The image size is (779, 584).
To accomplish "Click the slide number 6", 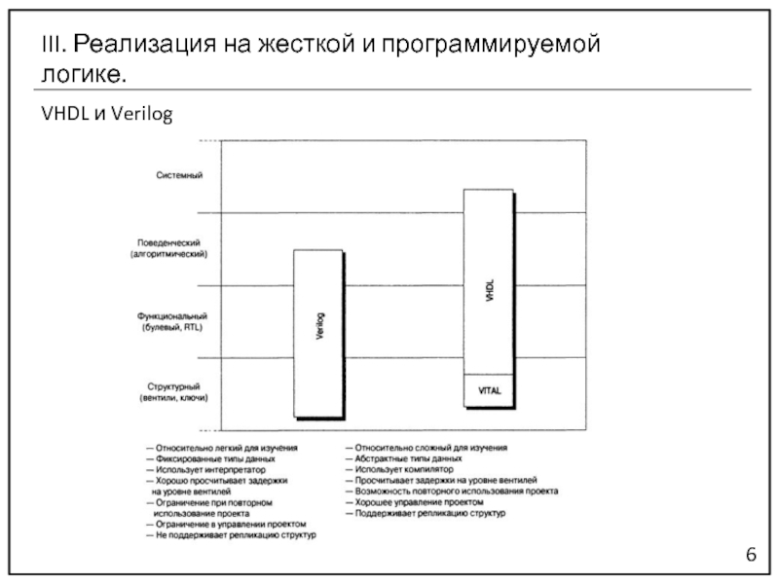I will tap(751, 554).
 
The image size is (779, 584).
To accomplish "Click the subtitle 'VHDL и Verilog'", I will tap(107, 115).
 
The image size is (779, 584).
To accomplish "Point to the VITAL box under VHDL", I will tap(489, 390).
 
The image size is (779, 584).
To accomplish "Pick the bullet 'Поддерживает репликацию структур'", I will tap(430, 512).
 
